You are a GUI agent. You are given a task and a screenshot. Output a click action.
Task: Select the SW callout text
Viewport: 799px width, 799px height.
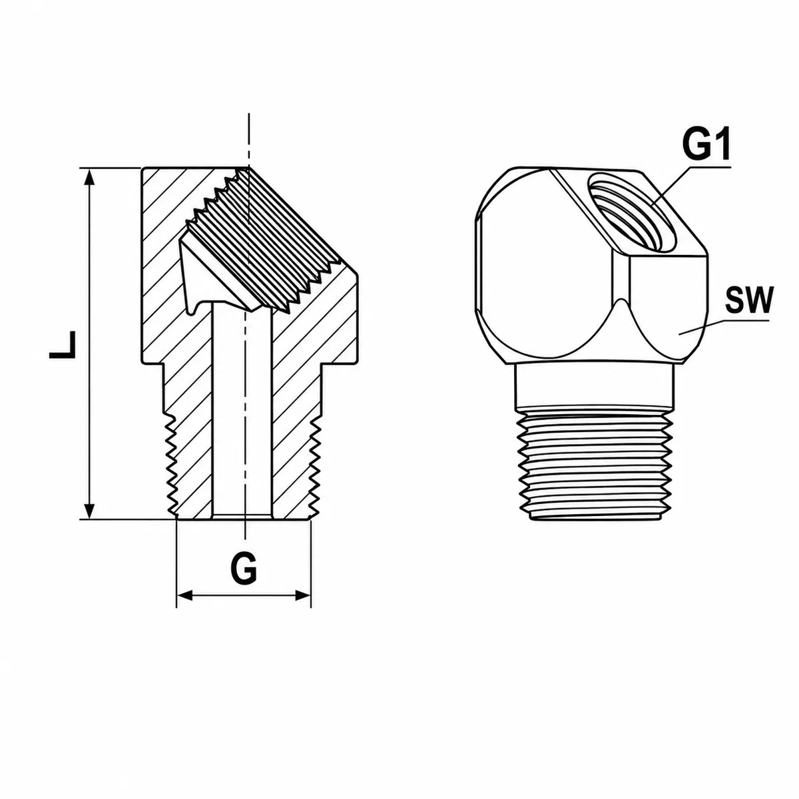coord(749,300)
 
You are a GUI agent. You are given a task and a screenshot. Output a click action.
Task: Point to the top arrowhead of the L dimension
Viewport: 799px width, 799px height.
coord(89,179)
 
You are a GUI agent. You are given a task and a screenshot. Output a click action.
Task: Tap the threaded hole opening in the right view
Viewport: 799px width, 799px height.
coord(631,212)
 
